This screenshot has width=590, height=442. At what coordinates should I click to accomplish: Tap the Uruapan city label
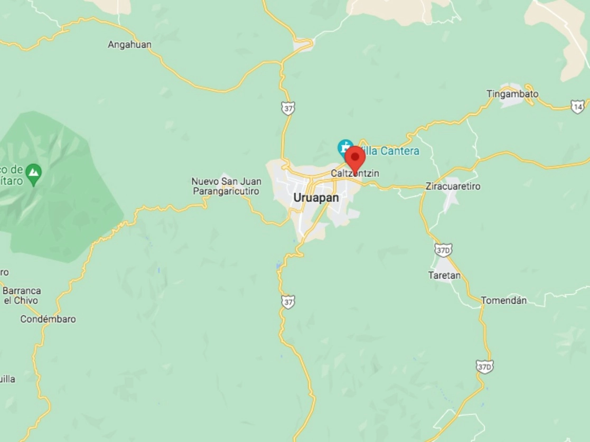(316, 198)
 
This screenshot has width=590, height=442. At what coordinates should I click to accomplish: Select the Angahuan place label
(129, 45)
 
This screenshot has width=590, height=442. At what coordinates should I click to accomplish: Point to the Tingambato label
(512, 94)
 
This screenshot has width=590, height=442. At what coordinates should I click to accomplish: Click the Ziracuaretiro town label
(453, 186)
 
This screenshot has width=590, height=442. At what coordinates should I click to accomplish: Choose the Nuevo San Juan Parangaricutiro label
(226, 186)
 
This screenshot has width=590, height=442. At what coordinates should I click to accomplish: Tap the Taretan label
(444, 275)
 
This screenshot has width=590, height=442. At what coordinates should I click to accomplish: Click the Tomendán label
(504, 300)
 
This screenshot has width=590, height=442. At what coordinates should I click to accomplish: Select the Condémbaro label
(48, 319)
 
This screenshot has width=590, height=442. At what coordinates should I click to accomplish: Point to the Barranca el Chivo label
(22, 295)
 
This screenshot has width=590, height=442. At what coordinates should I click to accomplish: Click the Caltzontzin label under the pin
(355, 173)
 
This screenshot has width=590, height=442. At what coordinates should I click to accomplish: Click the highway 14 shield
(578, 107)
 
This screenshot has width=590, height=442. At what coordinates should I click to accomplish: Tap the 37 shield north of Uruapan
(288, 108)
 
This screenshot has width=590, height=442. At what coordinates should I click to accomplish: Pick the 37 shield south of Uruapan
(288, 302)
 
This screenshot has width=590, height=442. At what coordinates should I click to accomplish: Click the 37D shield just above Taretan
(443, 249)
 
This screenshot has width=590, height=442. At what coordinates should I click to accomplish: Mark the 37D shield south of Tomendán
(484, 366)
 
